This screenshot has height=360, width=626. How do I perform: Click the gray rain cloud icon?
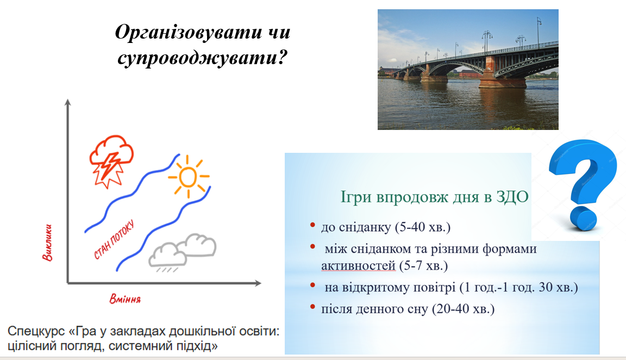click(x=183, y=251)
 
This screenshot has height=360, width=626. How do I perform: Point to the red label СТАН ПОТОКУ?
click(x=114, y=239)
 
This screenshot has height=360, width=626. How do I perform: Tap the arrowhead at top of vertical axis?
click(x=67, y=103)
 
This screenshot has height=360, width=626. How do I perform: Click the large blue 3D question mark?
click(x=581, y=185)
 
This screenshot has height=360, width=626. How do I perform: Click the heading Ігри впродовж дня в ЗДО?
click(x=434, y=196)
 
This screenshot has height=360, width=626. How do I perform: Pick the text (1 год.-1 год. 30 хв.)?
click(x=518, y=287)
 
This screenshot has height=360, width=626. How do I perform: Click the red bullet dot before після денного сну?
click(x=313, y=307)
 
